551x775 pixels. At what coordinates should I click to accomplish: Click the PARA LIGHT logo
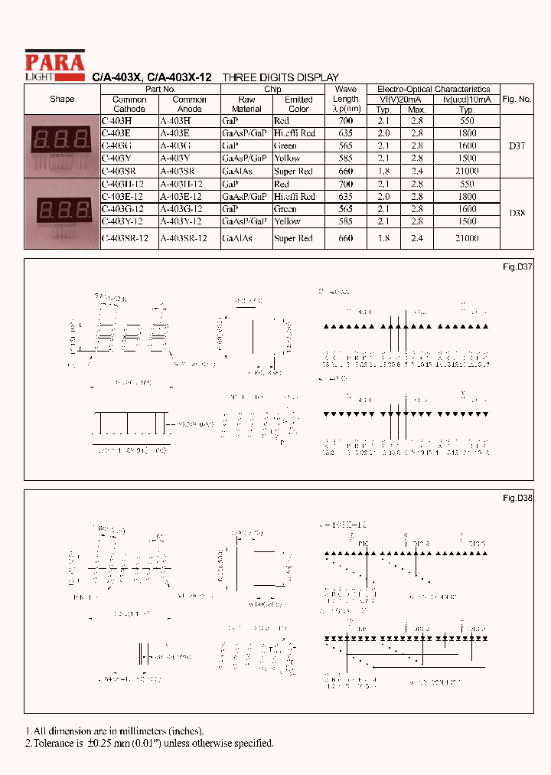pos(54,65)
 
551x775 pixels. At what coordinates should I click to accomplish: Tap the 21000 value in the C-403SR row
pos(467,172)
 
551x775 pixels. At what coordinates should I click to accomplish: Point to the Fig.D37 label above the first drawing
pos(517,267)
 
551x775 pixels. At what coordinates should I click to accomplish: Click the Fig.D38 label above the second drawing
pos(517,498)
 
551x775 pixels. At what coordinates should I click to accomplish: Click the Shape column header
pos(62,100)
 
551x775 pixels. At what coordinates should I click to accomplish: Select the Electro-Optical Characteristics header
pos(434,90)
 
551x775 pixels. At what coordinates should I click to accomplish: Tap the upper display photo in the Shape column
pos(62,146)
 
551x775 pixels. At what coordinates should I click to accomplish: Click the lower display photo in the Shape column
pos(62,214)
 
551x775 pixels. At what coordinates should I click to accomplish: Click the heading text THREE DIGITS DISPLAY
pos(280,77)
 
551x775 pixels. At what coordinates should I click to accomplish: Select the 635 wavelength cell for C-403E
pos(345,133)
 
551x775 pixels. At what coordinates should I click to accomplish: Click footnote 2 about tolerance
pos(149,743)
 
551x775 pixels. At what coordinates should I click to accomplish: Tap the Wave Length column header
pos(346,99)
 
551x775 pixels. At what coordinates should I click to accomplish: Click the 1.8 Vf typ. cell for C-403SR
pos(383,172)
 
